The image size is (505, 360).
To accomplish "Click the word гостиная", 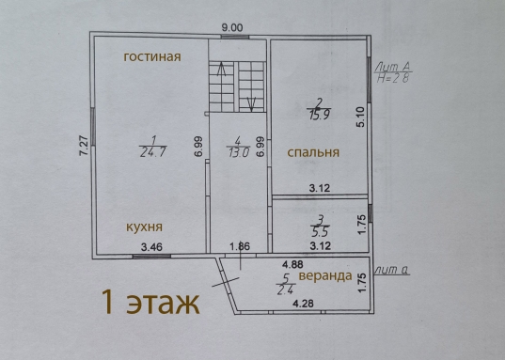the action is tap(152, 57).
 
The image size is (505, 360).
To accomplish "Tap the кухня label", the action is tap(144, 227).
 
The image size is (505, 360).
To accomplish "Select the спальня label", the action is tap(313, 152).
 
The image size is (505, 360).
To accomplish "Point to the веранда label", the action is tap(325, 276).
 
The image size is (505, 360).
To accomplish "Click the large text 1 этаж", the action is tap(150, 303).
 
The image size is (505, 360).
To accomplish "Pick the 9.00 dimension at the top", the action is tap(232, 27).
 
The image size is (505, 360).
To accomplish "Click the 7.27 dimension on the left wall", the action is tap(84, 146).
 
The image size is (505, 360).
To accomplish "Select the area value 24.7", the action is tap(153, 151).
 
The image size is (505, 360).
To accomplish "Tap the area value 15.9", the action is tap(320, 115).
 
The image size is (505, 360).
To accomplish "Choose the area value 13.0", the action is tap(239, 152).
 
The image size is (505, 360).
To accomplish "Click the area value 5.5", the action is tap(320, 232).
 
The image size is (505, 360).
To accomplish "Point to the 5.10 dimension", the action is tap(361, 117).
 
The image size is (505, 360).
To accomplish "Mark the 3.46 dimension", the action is tap(151, 247).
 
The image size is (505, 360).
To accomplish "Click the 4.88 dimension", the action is tap(292, 264).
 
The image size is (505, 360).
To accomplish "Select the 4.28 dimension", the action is tap(303, 304).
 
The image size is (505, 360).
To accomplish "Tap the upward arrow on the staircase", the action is tap(221, 70).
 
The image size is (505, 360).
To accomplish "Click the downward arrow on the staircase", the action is tap(251, 104).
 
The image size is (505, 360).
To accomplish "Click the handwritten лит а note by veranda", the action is tap(392, 270).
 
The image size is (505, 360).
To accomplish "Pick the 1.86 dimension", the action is tap(240, 247).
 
